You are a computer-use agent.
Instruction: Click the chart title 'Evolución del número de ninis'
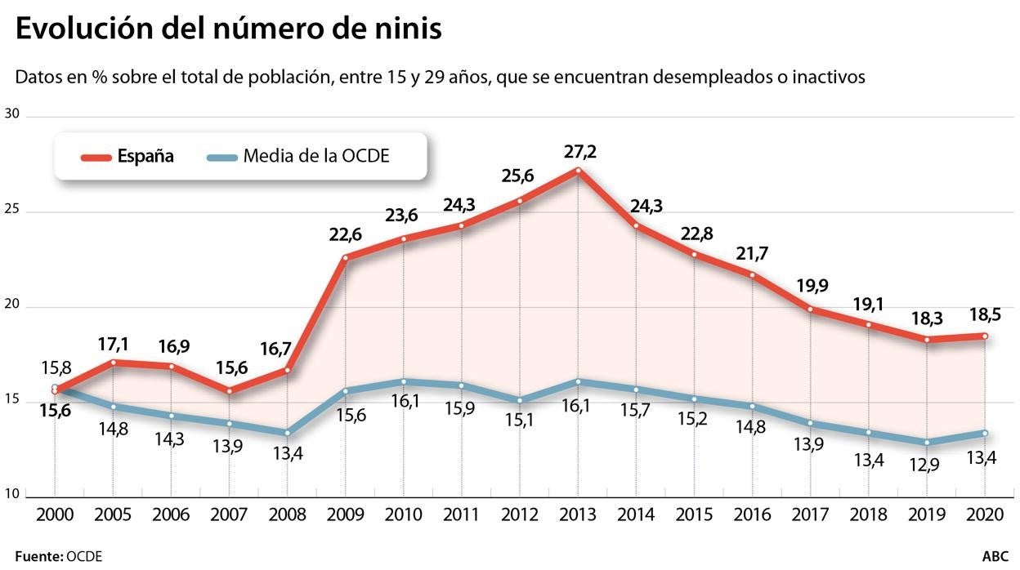click(x=229, y=29)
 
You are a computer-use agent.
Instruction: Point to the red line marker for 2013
click(x=578, y=171)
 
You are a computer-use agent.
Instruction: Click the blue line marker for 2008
click(x=287, y=433)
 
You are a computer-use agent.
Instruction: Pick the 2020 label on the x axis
click(x=985, y=515)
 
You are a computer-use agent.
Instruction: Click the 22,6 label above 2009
click(x=345, y=235)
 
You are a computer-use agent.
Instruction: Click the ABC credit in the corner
click(x=995, y=556)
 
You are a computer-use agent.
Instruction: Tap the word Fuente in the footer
click(x=38, y=556)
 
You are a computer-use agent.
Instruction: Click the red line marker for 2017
click(x=810, y=309)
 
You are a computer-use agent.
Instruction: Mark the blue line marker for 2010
click(x=403, y=381)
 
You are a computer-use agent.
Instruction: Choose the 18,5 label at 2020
click(x=985, y=314)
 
